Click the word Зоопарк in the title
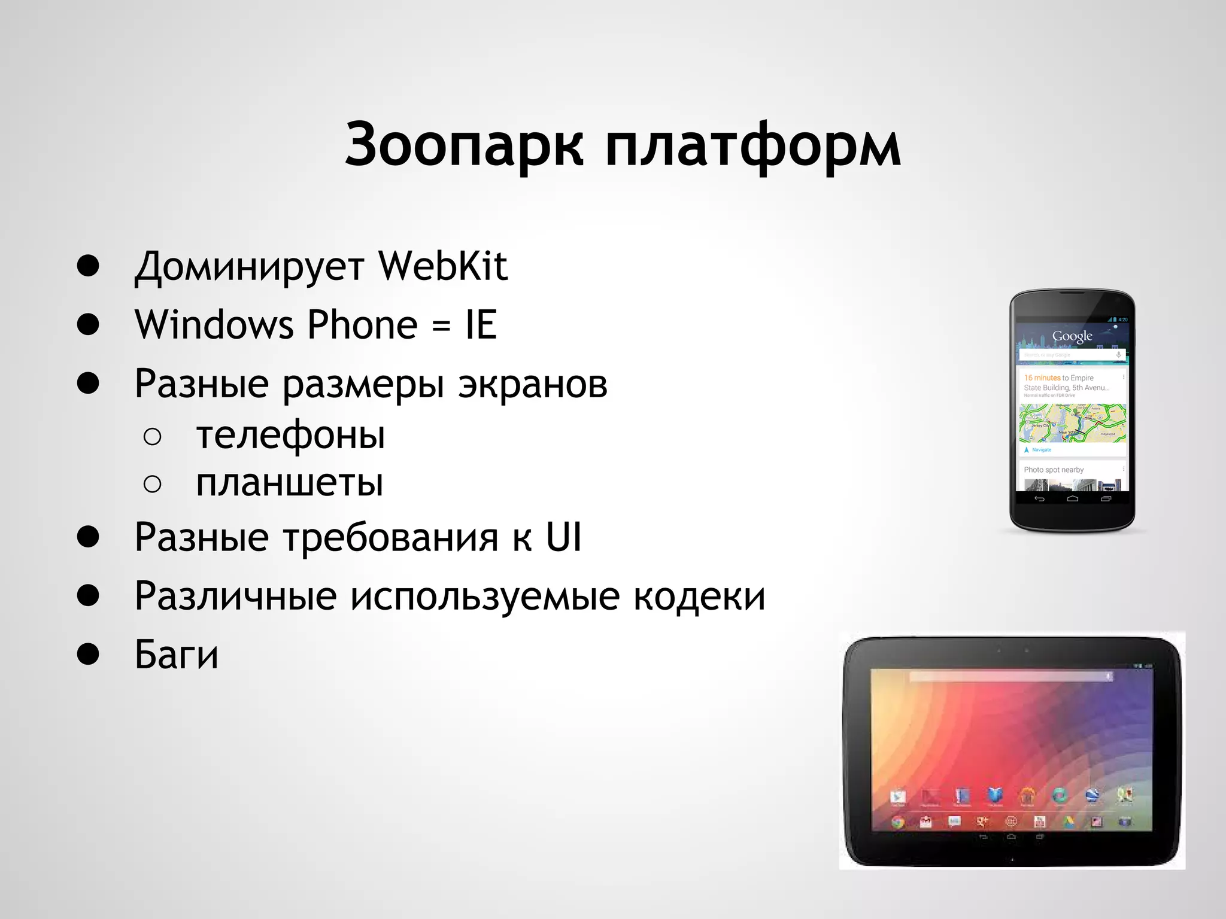[464, 145]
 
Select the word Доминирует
[249, 267]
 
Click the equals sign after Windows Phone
[441, 326]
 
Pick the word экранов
[533, 384]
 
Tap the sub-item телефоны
[290, 435]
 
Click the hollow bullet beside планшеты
[153, 483]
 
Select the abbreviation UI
[563, 537]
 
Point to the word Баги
[177, 655]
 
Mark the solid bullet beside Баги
[88, 654]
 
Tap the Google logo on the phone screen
[1072, 336]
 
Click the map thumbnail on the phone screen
[1072, 422]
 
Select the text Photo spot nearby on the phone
[1054, 470]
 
